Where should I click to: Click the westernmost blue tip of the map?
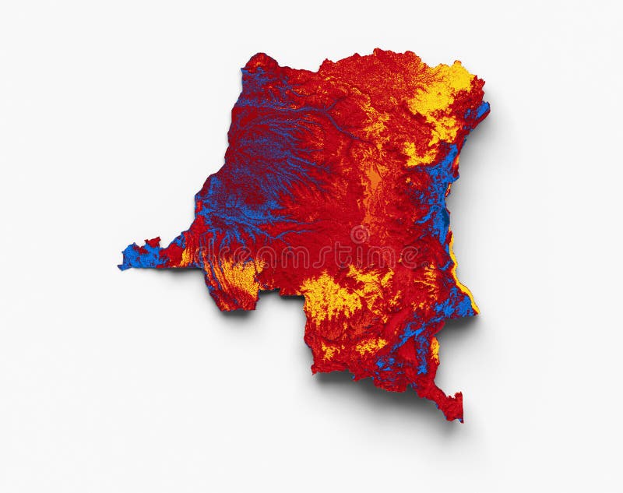point(121,267)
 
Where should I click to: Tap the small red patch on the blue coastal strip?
point(153,244)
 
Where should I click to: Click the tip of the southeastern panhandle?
point(459,417)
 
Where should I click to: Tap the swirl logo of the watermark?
point(360,234)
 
